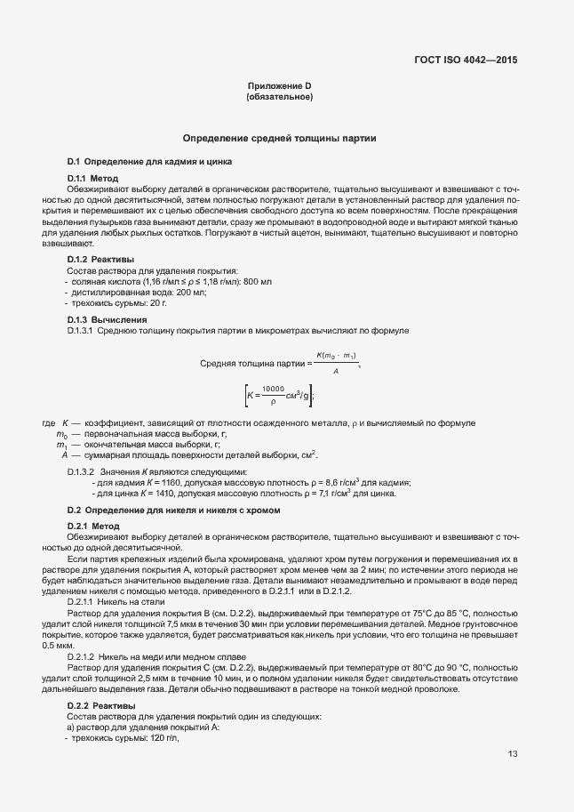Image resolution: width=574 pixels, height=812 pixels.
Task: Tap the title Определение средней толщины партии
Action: coord(279,139)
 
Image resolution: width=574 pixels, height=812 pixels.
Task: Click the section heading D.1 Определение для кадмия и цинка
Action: coord(149,162)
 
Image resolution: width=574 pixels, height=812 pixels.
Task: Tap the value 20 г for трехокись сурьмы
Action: coord(159,303)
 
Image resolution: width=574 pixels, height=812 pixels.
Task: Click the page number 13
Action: coord(513,755)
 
